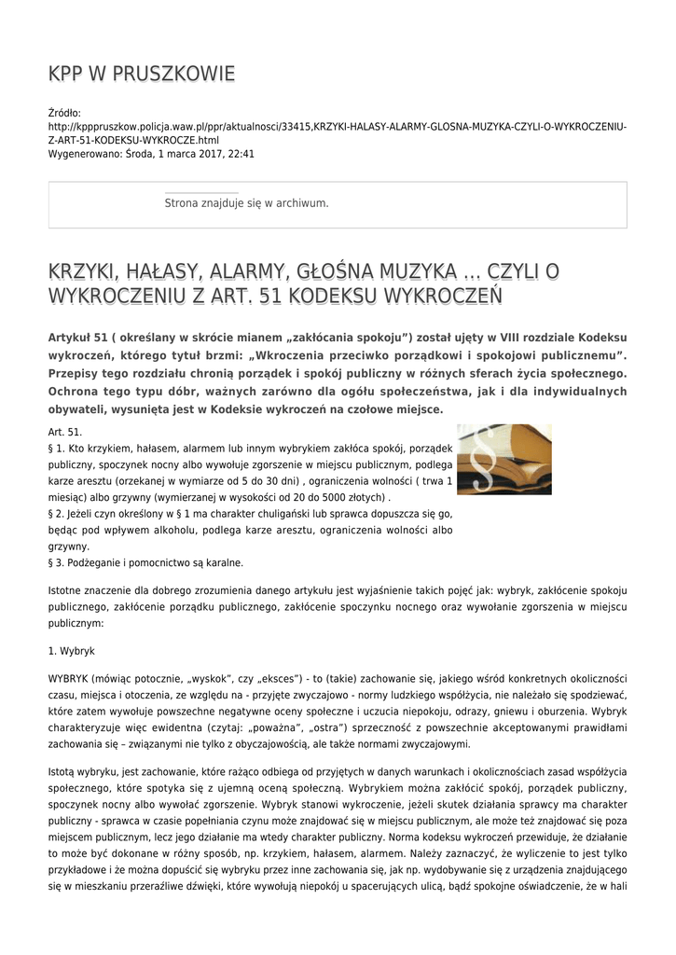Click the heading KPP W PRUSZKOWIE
141,74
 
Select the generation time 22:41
241,154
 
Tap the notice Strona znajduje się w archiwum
246,202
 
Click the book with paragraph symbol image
504,460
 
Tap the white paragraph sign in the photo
482,467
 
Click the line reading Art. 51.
65,433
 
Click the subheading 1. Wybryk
71,649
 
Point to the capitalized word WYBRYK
68,678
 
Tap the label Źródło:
64,112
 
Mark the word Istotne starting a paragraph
66,590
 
